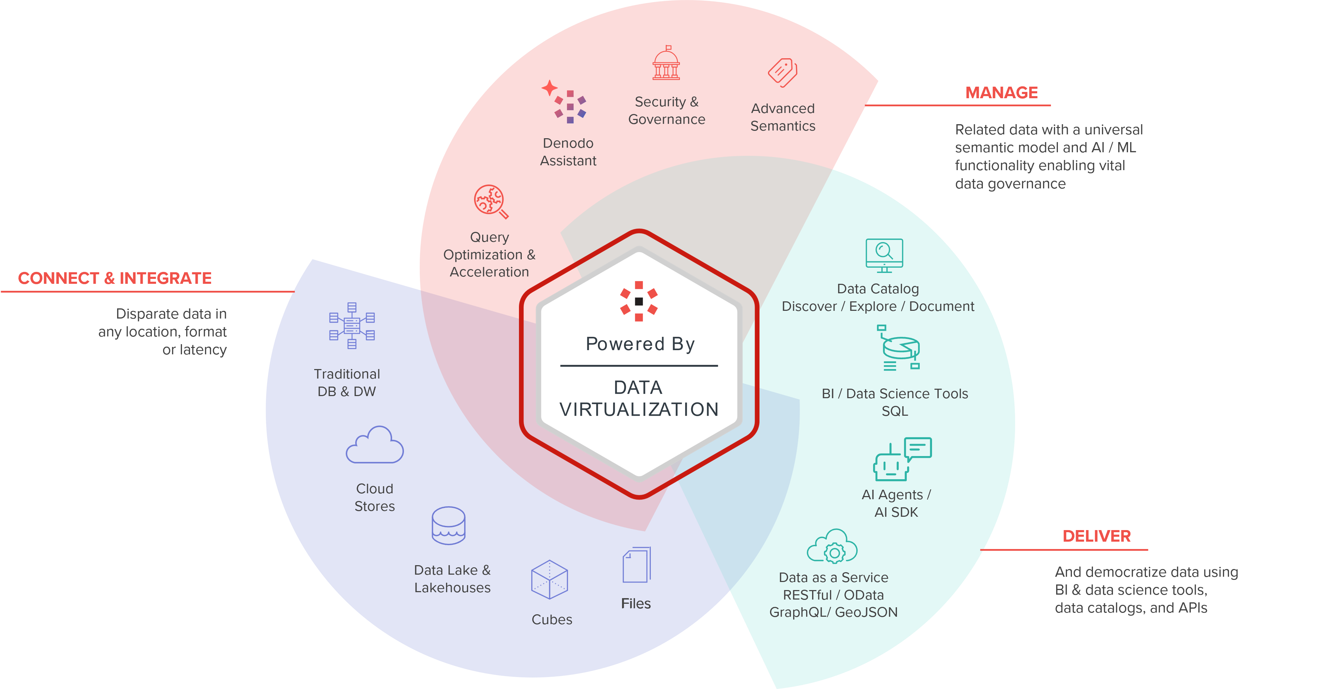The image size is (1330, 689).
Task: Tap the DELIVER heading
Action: pos(1096,536)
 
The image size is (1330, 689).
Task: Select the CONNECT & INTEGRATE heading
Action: pos(115,279)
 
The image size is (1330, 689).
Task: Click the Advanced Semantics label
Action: pos(783,117)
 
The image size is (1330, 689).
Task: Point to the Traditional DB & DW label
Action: pos(346,383)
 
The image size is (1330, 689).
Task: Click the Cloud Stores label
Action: pos(374,497)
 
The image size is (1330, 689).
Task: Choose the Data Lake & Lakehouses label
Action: pos(452,579)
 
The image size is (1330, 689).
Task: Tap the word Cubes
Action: pos(552,620)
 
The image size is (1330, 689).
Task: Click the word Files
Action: pos(636,604)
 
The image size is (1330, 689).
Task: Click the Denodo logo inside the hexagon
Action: pos(639,301)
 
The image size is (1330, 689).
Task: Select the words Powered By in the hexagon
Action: pos(640,344)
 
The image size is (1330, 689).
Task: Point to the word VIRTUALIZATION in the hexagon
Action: pos(639,410)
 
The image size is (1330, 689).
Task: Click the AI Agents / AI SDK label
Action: pos(896,503)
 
